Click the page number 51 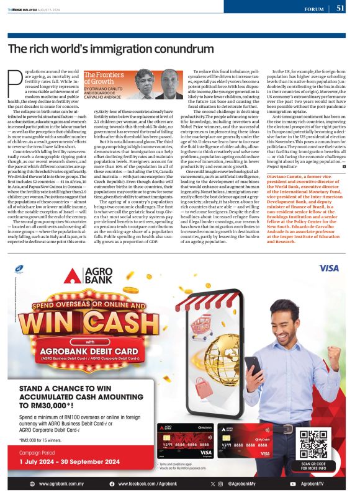click(341, 8)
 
